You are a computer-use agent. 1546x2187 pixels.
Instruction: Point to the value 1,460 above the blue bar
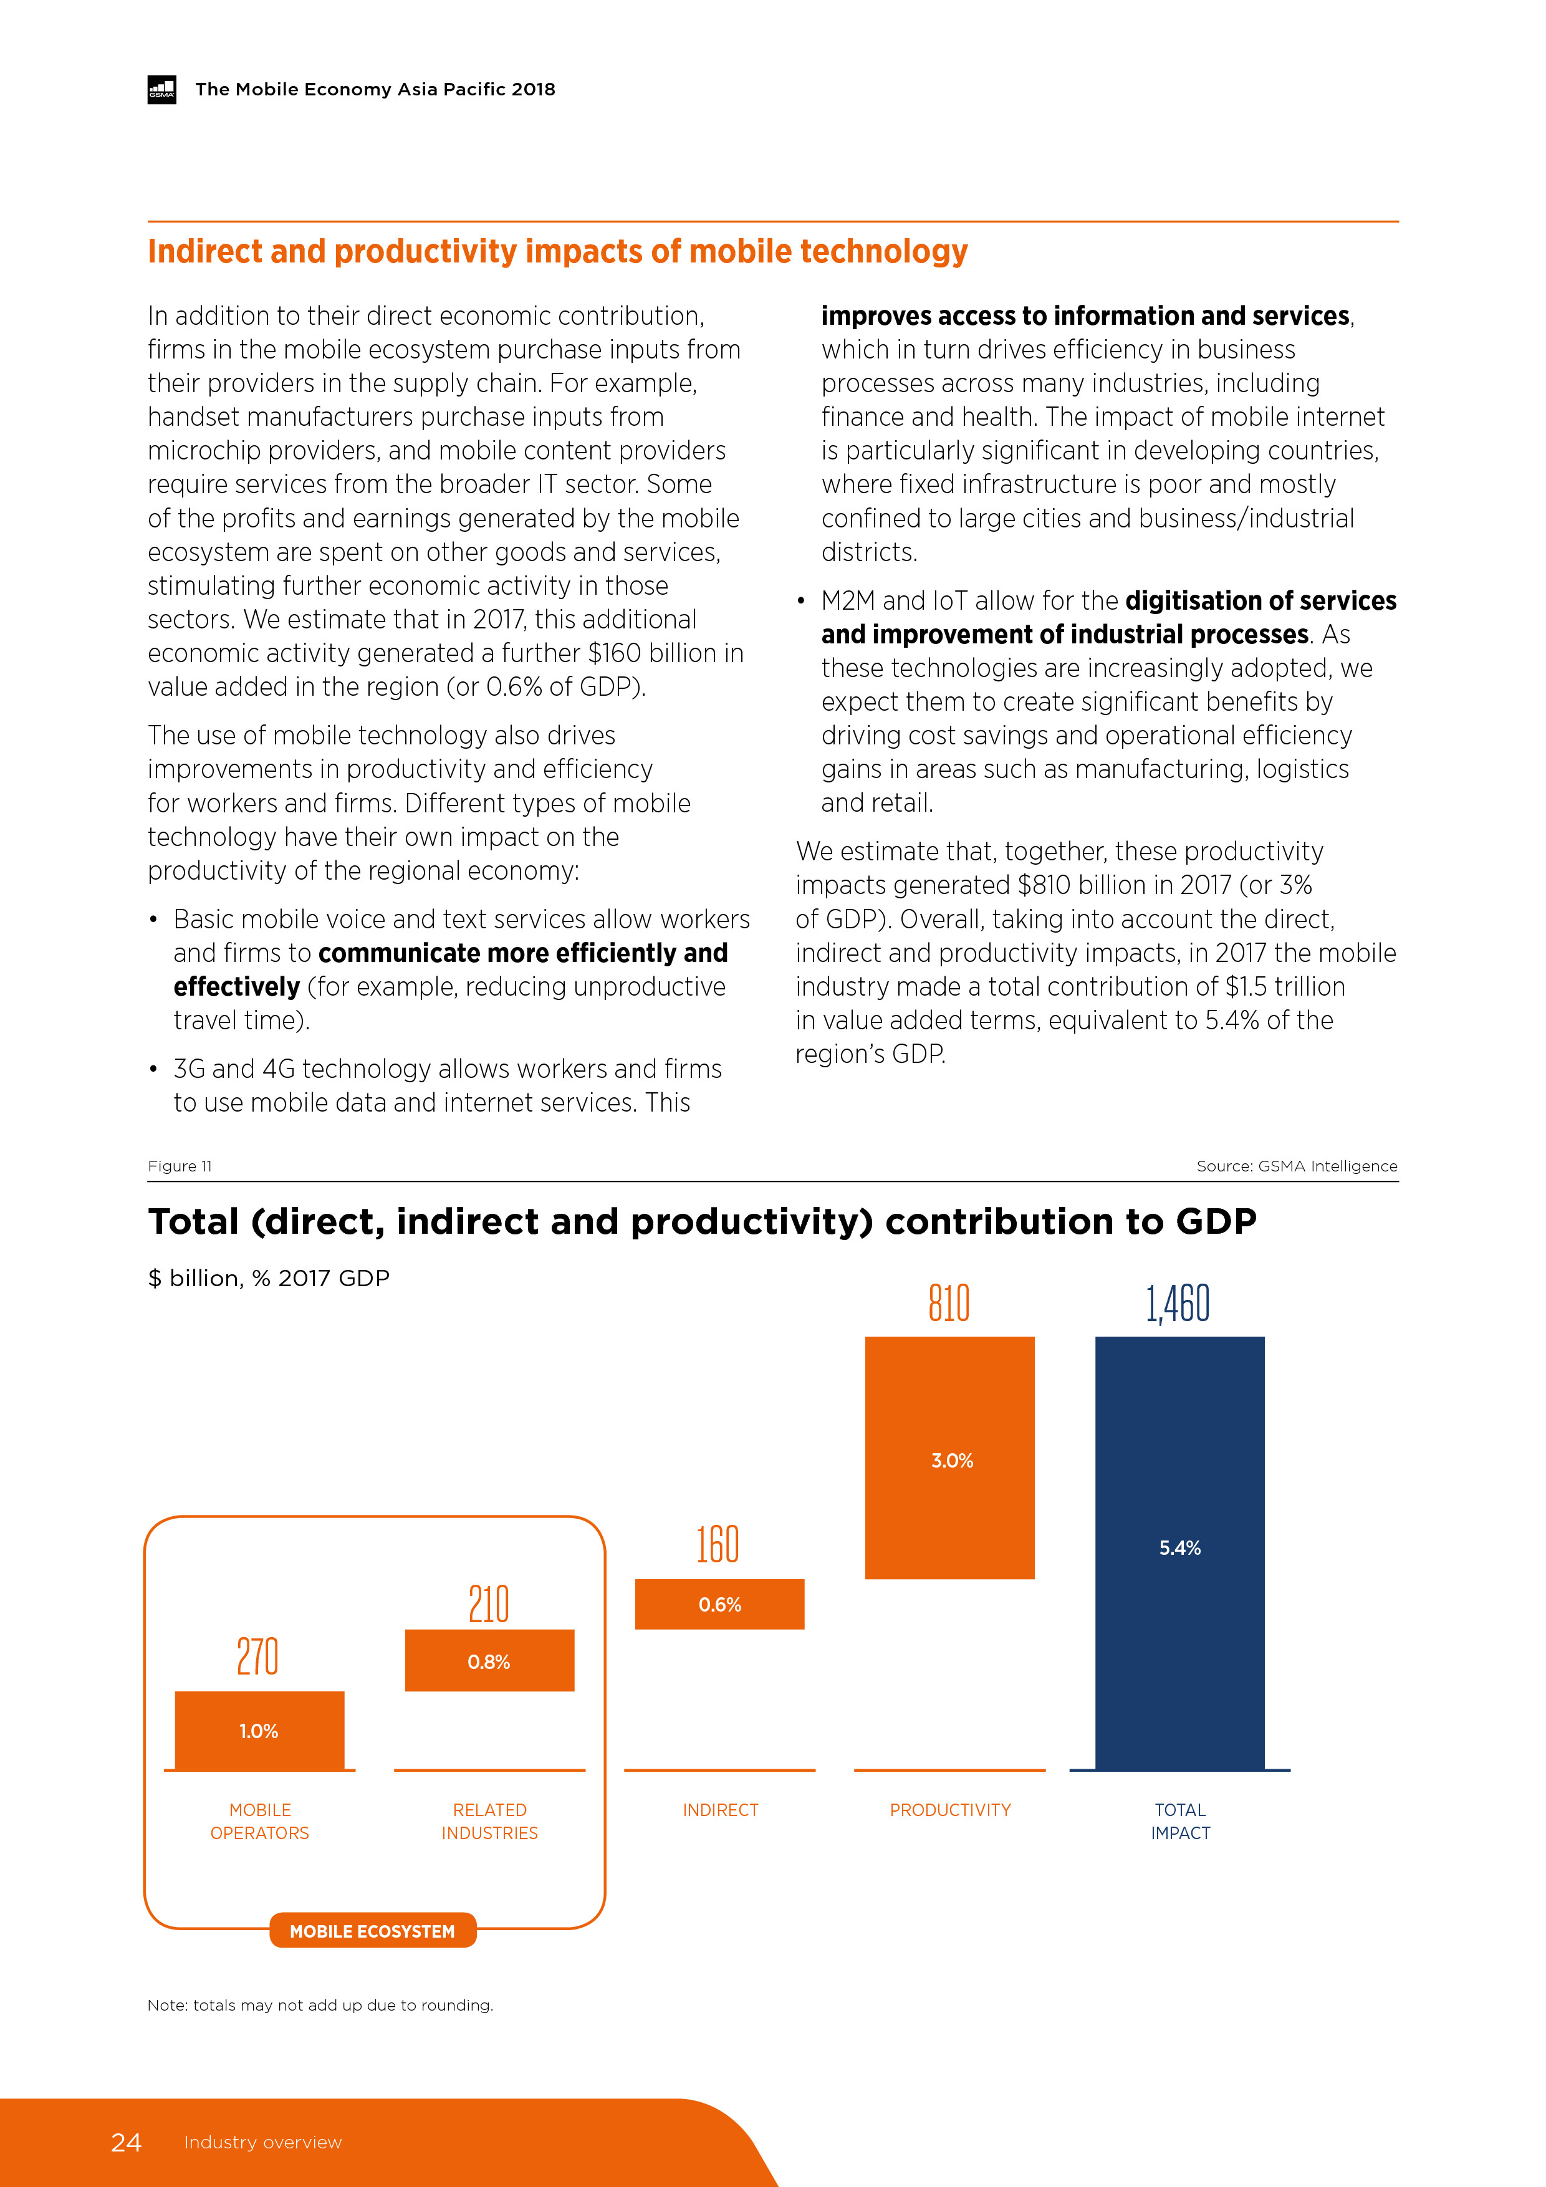(1178, 1303)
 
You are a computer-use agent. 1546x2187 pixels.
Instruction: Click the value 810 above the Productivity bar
(949, 1303)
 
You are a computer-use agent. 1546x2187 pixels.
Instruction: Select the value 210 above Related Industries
(489, 1604)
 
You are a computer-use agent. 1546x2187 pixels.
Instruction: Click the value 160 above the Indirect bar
(718, 1544)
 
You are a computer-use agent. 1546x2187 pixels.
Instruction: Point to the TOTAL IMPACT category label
(1180, 1820)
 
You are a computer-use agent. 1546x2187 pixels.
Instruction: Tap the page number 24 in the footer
(126, 2142)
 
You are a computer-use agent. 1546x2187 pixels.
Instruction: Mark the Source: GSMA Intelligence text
(1297, 1166)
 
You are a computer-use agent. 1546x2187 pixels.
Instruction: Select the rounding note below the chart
(320, 2005)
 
